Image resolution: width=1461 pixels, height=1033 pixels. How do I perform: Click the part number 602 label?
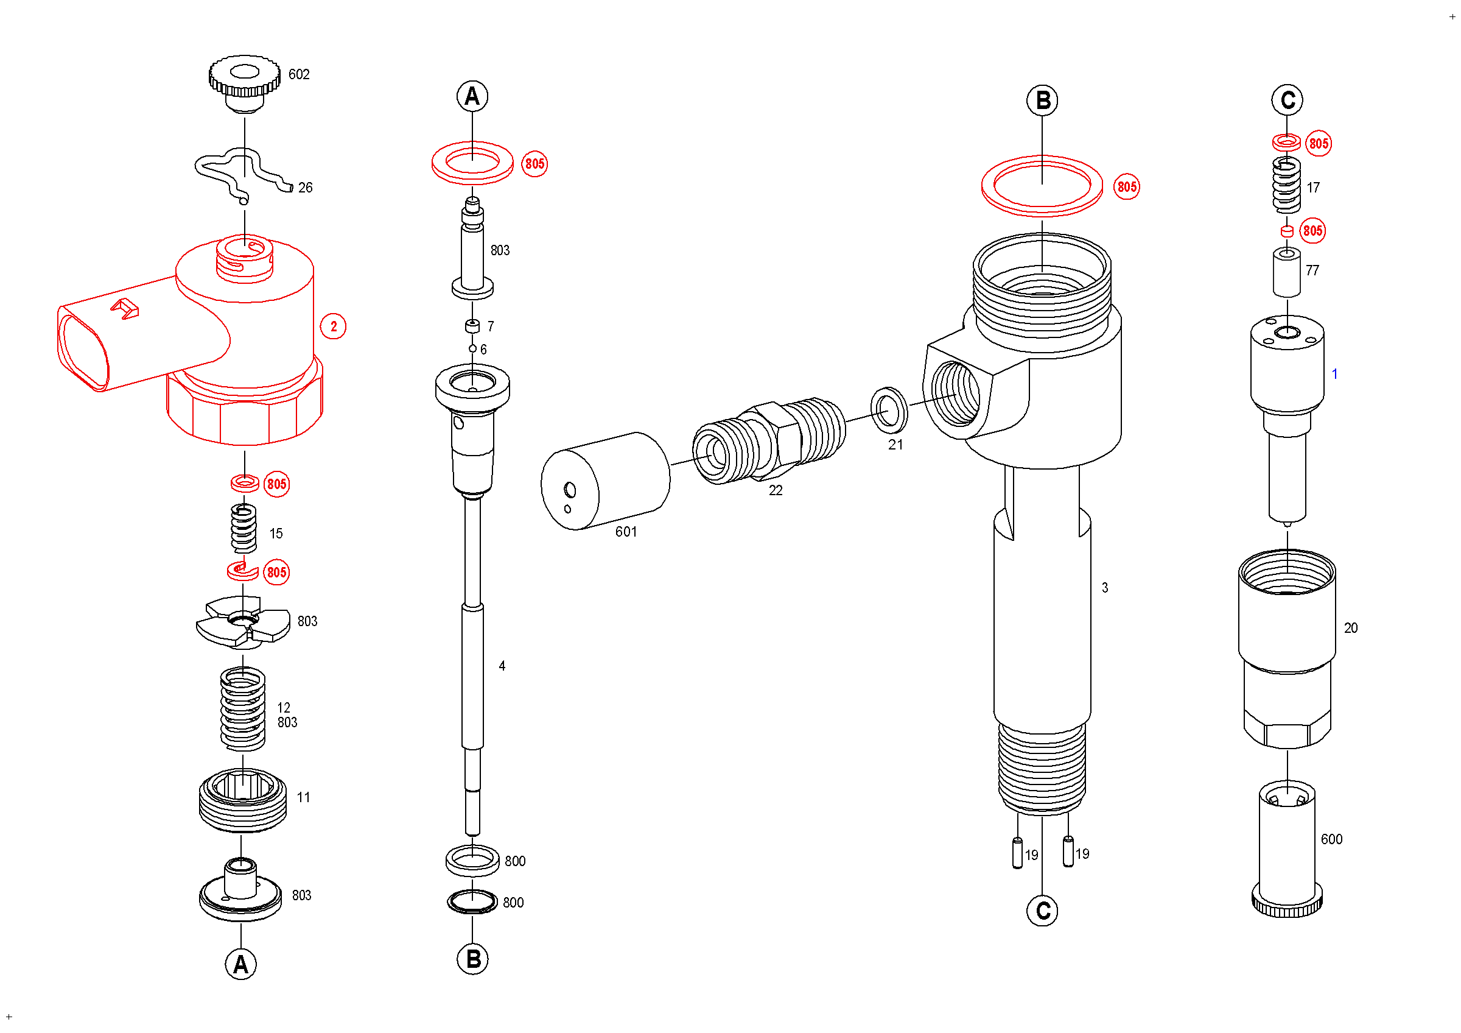[x=298, y=74]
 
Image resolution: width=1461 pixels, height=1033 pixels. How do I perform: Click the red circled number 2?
[x=334, y=326]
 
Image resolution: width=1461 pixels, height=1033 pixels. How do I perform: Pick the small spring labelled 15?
[x=243, y=527]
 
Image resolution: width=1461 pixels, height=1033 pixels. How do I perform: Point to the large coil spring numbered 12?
[x=242, y=708]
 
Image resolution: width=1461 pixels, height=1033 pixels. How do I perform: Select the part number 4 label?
[x=502, y=666]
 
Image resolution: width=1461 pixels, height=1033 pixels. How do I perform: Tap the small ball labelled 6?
[x=473, y=349]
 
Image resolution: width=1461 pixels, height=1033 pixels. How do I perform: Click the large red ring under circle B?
[x=1042, y=186]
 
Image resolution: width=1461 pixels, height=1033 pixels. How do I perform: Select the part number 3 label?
[x=1105, y=588]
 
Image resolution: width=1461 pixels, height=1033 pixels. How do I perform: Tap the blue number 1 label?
[x=1334, y=374]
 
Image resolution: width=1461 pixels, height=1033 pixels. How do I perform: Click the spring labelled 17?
[x=1287, y=185]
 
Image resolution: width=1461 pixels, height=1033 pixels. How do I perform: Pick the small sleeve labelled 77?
[x=1287, y=272]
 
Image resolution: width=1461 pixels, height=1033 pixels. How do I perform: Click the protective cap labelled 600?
[x=1287, y=847]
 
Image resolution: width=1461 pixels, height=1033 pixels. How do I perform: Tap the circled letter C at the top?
[x=1288, y=100]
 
